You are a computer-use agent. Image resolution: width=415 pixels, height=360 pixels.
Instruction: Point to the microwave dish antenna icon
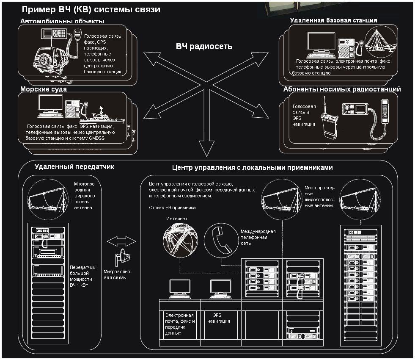click(123, 257)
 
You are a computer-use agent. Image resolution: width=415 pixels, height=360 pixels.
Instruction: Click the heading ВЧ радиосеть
click(204, 47)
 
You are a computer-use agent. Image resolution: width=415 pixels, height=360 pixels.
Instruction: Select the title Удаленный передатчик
click(74, 167)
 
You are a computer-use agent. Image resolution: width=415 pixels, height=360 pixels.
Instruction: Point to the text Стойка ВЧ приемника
click(172, 208)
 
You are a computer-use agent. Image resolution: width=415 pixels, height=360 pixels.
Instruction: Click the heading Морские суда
click(44, 89)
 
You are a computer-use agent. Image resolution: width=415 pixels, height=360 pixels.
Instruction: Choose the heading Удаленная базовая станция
click(333, 20)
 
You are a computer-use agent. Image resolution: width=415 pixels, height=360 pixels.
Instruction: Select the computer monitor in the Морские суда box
click(50, 104)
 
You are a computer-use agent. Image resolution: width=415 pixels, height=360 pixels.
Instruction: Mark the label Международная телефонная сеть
click(258, 238)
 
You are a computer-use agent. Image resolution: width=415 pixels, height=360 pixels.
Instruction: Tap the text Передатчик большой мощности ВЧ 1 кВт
click(82, 276)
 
